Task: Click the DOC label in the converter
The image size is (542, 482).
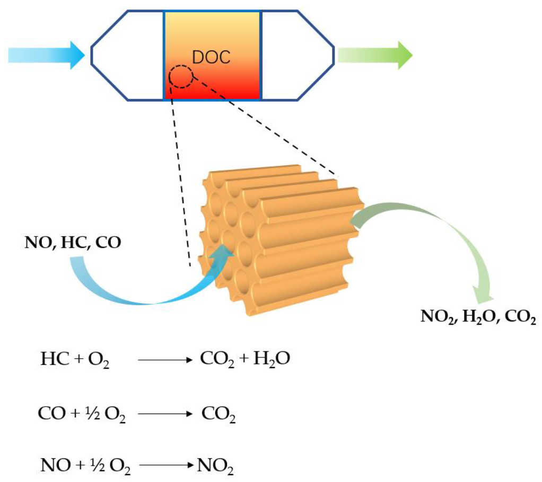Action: pyautogui.click(x=211, y=57)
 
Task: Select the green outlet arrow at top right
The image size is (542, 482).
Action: pyautogui.click(x=374, y=55)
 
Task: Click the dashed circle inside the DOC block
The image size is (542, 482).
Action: pyautogui.click(x=181, y=77)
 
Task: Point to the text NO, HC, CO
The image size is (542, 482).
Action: pyautogui.click(x=73, y=243)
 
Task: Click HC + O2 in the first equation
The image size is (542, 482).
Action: pyautogui.click(x=75, y=360)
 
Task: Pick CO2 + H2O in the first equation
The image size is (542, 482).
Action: pyautogui.click(x=244, y=360)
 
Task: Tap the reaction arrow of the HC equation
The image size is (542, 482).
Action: pyautogui.click(x=163, y=361)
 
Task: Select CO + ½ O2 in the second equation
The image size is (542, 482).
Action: pyautogui.click(x=82, y=414)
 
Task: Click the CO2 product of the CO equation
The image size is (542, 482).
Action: pyautogui.click(x=218, y=414)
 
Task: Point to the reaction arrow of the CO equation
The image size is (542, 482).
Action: pyautogui.click(x=163, y=414)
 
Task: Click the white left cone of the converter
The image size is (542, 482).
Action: pyautogui.click(x=127, y=55)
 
